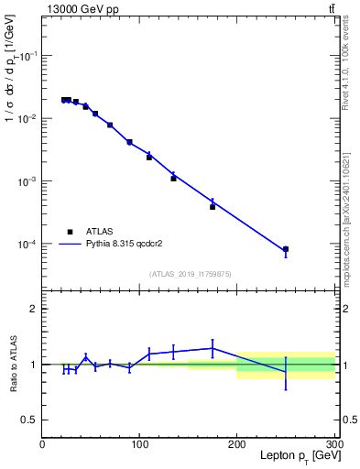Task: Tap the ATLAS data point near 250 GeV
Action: [x=286, y=249]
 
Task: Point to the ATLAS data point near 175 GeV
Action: [x=213, y=207]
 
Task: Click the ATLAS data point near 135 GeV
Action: [x=173, y=179]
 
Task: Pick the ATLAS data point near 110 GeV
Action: [x=149, y=158]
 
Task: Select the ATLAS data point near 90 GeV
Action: [x=129, y=142]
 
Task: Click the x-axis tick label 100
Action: [x=139, y=444]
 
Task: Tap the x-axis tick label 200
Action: [x=236, y=444]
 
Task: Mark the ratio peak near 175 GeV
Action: [x=213, y=347]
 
